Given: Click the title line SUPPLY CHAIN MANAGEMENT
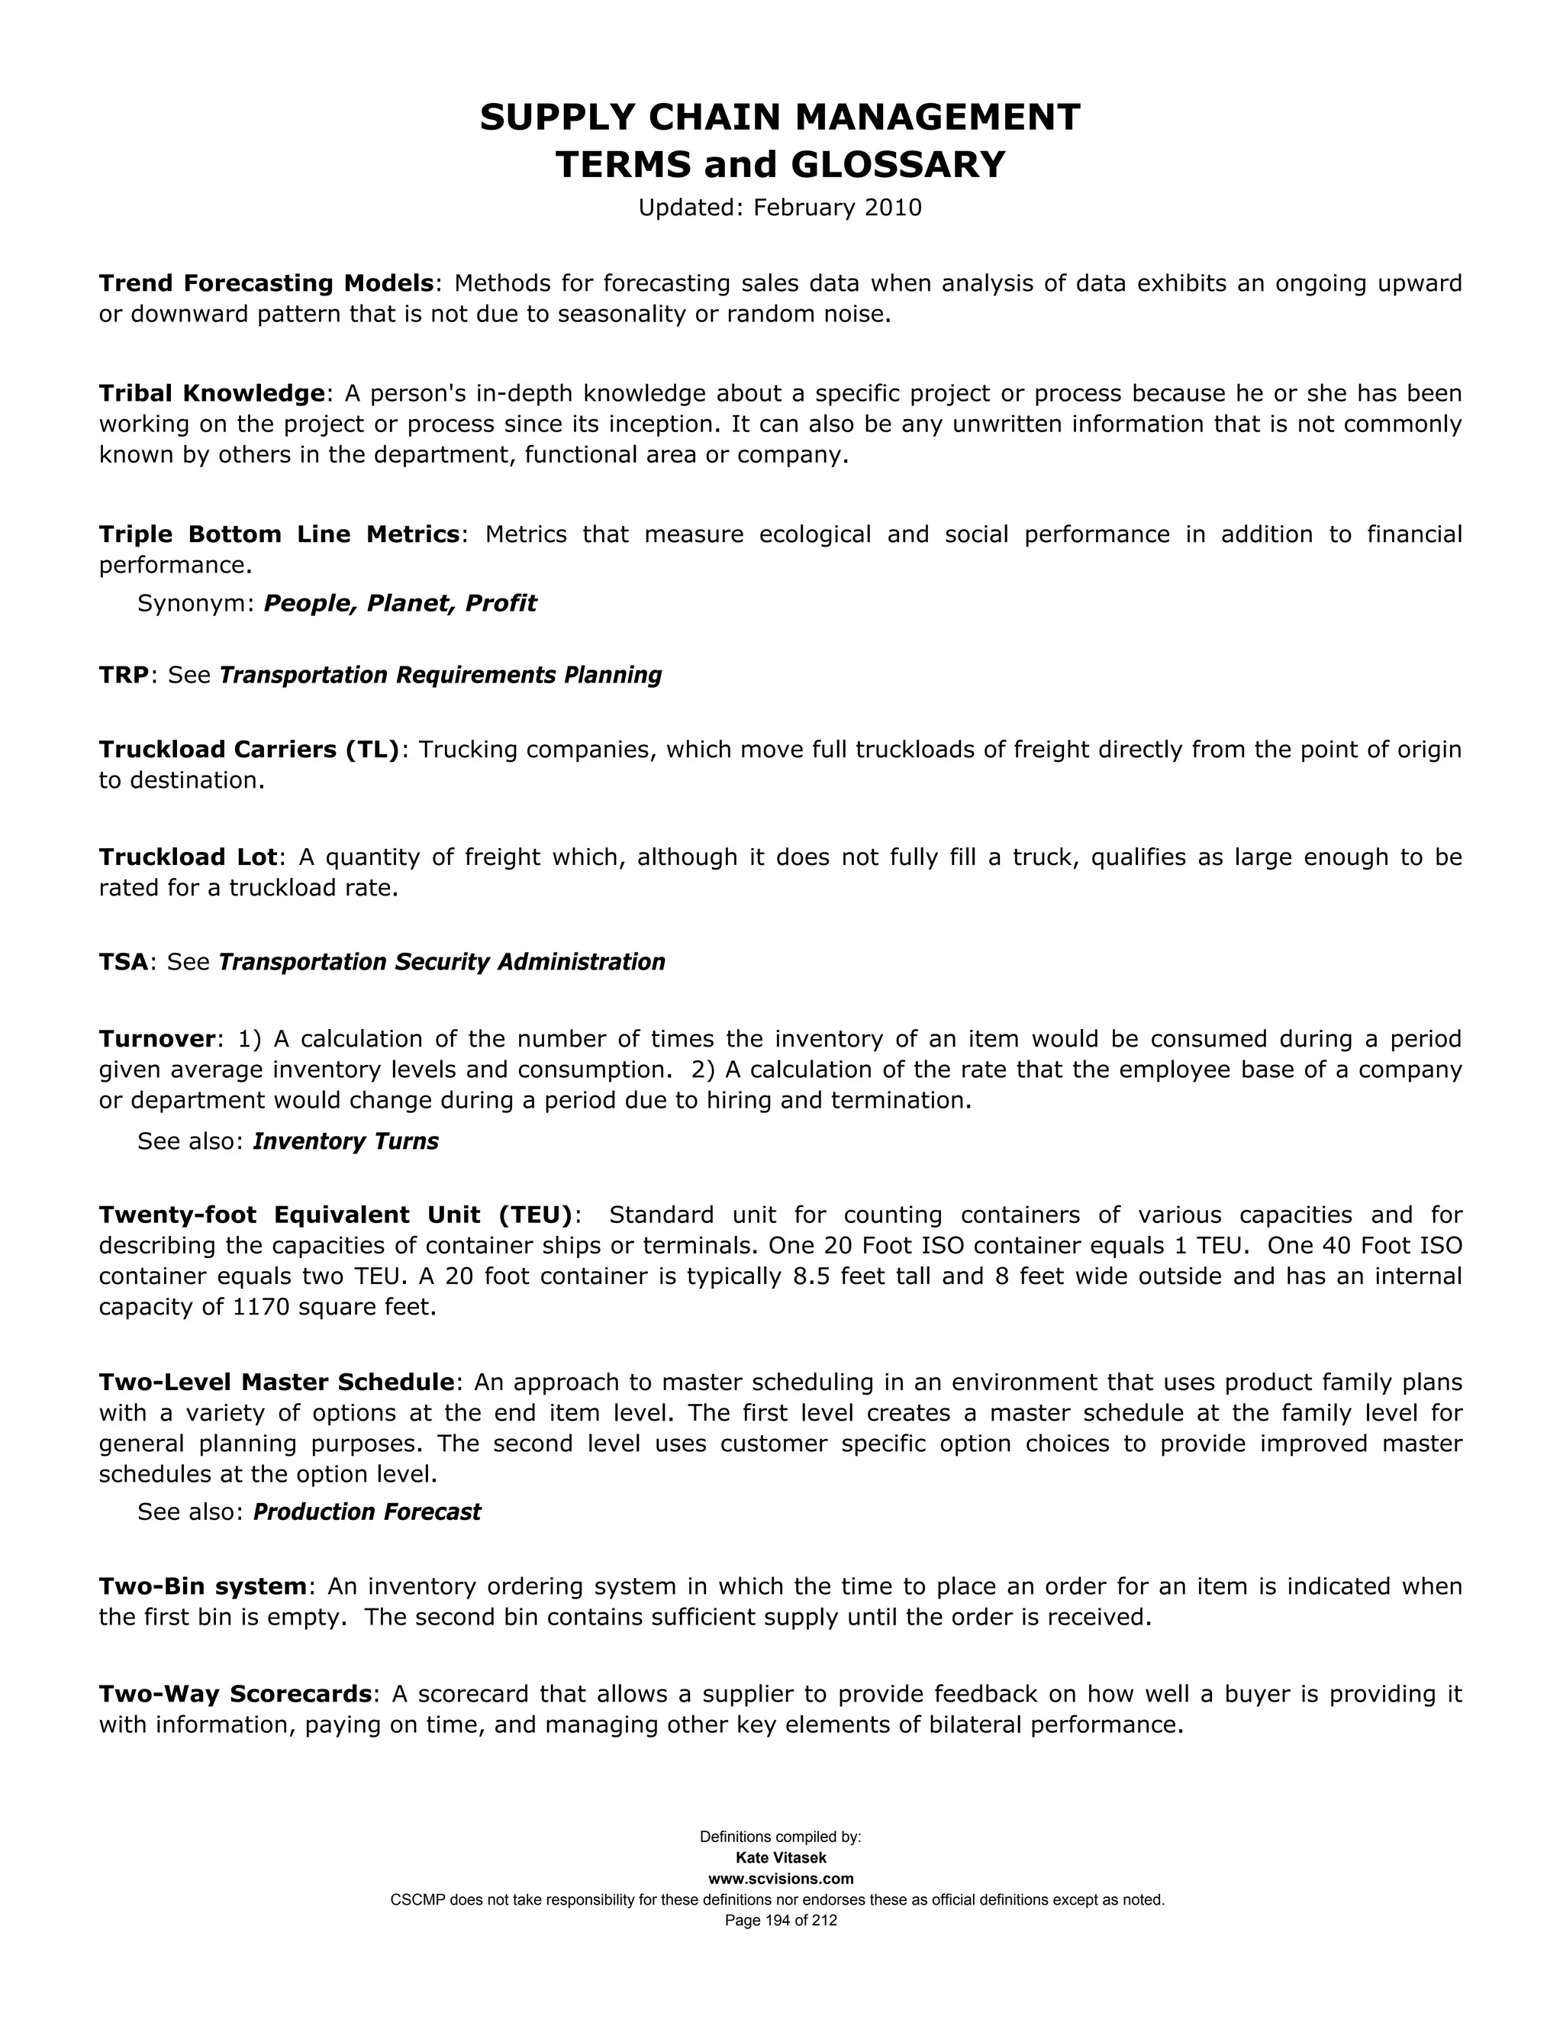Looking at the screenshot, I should (780, 118).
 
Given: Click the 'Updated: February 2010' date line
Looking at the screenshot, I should (780, 208).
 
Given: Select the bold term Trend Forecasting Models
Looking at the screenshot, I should (266, 282).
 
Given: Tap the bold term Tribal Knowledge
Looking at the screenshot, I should (211, 394).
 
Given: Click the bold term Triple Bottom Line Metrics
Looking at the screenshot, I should (279, 534).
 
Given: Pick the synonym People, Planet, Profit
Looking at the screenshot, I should (400, 604).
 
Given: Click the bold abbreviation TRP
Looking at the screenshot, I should (123, 676).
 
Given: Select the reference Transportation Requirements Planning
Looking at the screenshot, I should (440, 676).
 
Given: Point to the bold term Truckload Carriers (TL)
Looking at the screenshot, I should (249, 750).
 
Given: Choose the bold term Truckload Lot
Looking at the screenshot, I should (188, 857).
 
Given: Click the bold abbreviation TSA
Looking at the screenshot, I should (123, 963).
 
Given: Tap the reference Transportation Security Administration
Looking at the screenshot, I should (442, 963).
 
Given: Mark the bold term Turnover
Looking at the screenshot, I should (156, 1039).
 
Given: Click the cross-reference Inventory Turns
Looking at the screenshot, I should (346, 1141).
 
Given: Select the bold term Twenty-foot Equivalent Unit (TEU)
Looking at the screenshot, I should (336, 1215).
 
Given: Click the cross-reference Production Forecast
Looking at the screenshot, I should (366, 1512).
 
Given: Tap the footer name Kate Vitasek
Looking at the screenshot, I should (781, 1857).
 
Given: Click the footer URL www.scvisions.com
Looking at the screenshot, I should (781, 1879).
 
